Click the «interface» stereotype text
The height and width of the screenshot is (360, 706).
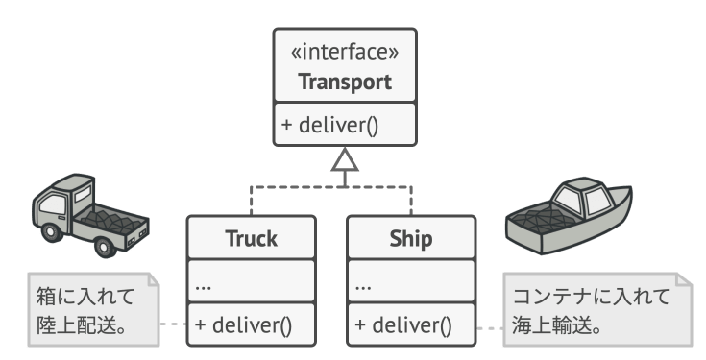345,52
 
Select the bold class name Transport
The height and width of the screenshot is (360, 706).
345,82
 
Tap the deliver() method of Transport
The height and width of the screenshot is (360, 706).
330,125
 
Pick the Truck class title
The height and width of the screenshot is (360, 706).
252,238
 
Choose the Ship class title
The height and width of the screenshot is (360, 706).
411,238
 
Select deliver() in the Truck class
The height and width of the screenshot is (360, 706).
244,324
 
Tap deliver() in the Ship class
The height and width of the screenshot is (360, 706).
403,324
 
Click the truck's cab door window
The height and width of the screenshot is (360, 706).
52,204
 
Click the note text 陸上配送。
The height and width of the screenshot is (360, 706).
81,325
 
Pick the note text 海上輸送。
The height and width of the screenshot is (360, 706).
556,325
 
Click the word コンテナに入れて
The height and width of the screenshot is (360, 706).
592,297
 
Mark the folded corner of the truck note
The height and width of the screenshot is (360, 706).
154,279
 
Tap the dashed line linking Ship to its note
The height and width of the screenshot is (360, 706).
490,328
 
